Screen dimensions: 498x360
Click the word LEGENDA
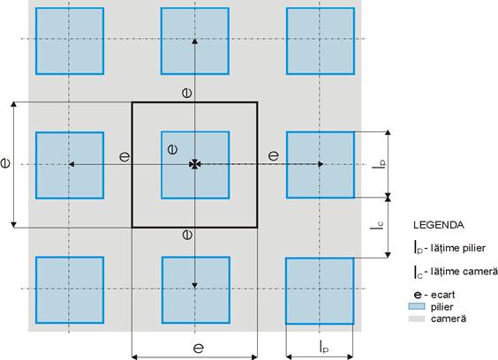(x=438, y=225)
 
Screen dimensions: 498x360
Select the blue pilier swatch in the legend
(x=417, y=306)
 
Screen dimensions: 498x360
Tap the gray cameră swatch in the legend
(x=417, y=319)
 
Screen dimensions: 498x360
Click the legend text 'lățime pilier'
(x=458, y=248)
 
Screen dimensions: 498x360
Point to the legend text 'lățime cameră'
(x=464, y=272)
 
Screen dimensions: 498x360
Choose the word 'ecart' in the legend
(x=442, y=295)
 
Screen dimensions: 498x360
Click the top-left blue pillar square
(x=70, y=41)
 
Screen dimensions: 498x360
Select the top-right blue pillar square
(x=321, y=41)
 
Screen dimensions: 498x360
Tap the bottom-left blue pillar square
(x=70, y=290)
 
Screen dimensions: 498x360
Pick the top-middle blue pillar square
(x=194, y=41)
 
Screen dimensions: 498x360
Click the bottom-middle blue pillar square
(x=196, y=290)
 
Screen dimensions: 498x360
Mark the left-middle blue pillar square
(x=70, y=165)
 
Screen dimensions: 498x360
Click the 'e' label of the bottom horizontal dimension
(x=199, y=349)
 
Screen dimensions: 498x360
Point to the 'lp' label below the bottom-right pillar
(x=324, y=347)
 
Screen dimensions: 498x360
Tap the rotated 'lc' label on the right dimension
(x=377, y=224)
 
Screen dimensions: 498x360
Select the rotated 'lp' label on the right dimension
(x=379, y=164)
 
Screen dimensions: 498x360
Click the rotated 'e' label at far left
(x=5, y=163)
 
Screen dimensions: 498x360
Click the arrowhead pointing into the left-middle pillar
(x=72, y=164)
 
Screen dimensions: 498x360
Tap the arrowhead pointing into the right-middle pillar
(x=321, y=164)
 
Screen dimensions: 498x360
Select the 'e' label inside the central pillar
(x=172, y=149)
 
